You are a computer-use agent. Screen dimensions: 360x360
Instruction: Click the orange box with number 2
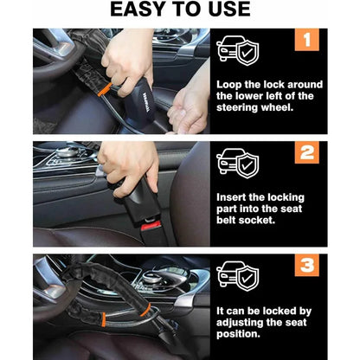(307, 153)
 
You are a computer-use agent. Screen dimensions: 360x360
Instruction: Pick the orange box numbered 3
(307, 267)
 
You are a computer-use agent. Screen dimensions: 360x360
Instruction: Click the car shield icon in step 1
(235, 52)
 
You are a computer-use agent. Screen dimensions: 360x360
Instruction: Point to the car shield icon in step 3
(235, 275)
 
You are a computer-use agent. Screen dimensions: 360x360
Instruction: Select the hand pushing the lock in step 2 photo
(130, 164)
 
